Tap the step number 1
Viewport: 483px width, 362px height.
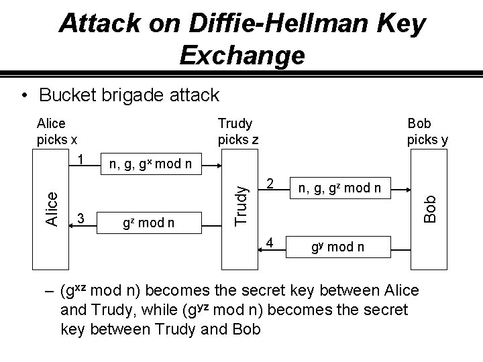pos(80,161)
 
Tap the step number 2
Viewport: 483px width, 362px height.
pos(269,184)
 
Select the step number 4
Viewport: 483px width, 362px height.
pos(269,241)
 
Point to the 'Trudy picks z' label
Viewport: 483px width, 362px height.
pos(235,131)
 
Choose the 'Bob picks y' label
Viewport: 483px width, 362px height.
pos(427,131)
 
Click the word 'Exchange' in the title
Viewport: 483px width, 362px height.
pos(242,54)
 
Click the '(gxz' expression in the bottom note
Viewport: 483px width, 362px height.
pos(73,292)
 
